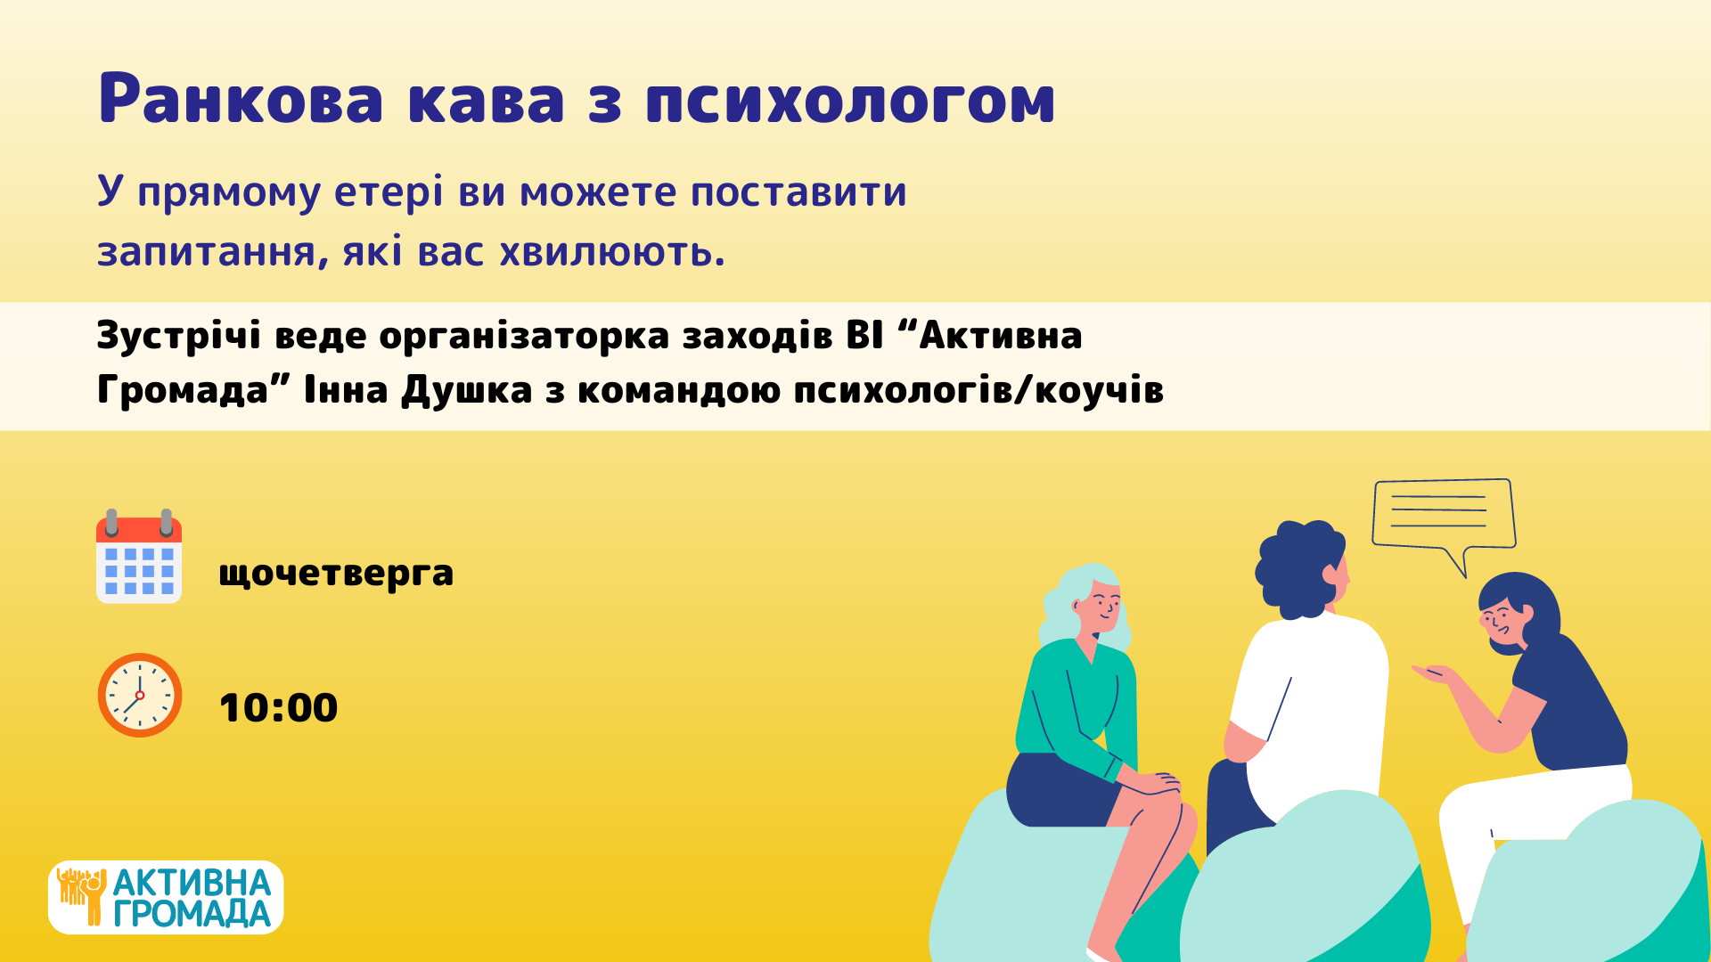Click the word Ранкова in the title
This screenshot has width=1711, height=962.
click(241, 98)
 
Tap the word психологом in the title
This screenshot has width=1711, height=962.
click(851, 98)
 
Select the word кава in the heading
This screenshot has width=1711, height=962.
click(487, 98)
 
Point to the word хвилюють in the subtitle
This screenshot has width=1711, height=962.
click(611, 251)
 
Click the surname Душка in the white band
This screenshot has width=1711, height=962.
click(467, 390)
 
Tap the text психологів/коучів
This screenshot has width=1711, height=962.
click(978, 390)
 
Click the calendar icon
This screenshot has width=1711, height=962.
click(139, 557)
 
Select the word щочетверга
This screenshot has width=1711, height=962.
click(336, 573)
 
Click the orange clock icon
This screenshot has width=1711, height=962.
click(140, 695)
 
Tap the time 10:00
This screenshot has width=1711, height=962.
click(278, 708)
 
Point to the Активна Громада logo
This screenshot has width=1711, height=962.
click(166, 897)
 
